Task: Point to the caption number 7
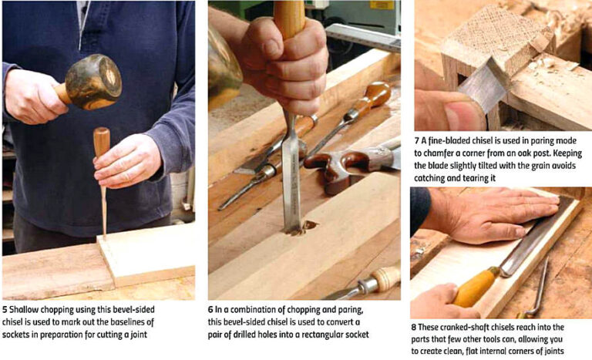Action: coord(416,141)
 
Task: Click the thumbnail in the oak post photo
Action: coord(452,116)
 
